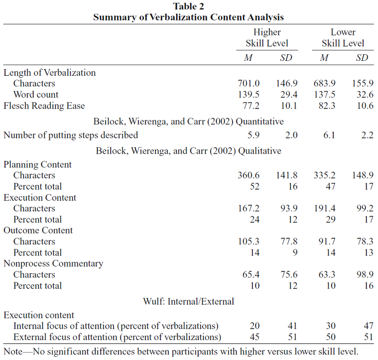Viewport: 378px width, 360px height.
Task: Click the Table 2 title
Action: tap(189, 7)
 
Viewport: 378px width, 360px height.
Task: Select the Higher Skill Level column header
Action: tap(267, 38)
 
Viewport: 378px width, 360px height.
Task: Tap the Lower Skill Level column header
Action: tap(343, 38)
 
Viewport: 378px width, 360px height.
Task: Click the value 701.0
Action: tap(248, 84)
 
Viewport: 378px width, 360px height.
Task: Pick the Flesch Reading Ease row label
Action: tap(44, 106)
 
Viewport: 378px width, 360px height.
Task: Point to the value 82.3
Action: tap(327, 106)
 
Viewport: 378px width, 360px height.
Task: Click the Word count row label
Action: tap(35, 95)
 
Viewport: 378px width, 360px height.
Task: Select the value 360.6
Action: tap(248, 175)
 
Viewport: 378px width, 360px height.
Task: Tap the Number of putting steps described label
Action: tap(71, 135)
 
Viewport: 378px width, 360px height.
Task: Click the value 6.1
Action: tap(329, 135)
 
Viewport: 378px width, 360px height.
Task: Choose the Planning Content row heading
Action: tap(38, 164)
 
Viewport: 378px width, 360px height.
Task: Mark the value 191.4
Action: tap(324, 208)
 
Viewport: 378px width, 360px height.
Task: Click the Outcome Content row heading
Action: tap(38, 231)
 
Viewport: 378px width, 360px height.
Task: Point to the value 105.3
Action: tap(248, 241)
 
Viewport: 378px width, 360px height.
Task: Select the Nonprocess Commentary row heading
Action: tap(53, 264)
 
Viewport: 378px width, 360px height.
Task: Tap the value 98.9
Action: tap(365, 274)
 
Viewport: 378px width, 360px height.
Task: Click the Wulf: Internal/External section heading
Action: tap(189, 301)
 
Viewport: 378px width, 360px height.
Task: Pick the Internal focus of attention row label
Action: tap(116, 326)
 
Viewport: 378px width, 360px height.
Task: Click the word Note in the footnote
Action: tap(13, 352)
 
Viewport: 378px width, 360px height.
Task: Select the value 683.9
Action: tap(324, 84)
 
